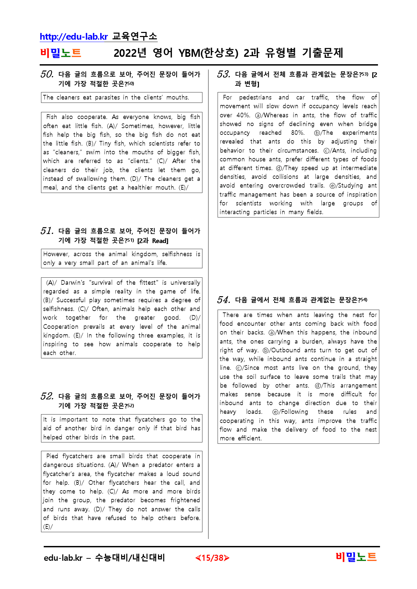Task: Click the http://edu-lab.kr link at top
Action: point(74,36)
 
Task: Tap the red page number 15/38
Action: point(212,558)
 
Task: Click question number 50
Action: point(47,74)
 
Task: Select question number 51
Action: point(47,231)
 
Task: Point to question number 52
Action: point(47,396)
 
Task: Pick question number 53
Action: point(224,74)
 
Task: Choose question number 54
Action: point(224,300)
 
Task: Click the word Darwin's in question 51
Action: point(73,283)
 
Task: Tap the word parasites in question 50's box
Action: point(107,97)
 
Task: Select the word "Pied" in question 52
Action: point(52,456)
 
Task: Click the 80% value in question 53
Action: point(298,133)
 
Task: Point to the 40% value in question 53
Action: point(243,115)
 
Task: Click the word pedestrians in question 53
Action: point(255,97)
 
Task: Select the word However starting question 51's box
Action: point(56,254)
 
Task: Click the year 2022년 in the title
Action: point(130,53)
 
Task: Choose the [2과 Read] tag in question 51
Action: point(153,241)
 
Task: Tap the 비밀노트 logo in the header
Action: point(61,53)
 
